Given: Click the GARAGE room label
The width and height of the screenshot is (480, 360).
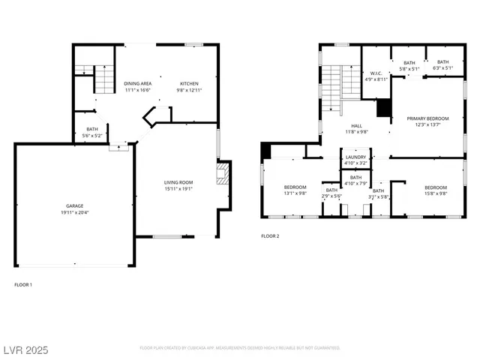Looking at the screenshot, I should point(73,205).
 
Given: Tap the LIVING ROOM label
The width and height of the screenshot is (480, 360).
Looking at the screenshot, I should point(179,182).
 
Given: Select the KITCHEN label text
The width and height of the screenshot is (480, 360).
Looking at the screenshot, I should point(189,83).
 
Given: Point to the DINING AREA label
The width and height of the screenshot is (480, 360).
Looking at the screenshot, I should point(138,83).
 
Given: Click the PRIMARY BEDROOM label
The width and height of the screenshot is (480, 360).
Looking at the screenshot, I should point(427,118).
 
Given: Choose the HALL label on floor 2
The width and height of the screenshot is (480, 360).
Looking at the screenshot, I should point(356,126).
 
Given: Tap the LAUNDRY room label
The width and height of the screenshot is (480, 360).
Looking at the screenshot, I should point(355,157).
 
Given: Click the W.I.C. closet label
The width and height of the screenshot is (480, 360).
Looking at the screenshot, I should point(376,73).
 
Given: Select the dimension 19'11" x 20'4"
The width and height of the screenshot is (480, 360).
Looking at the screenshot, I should point(73,211).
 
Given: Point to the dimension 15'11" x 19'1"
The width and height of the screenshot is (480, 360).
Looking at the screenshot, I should point(179,189).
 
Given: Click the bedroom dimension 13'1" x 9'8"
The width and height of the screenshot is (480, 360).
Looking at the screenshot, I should point(295,193).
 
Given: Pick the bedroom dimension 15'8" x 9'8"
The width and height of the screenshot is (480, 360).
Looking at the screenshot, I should point(435,193).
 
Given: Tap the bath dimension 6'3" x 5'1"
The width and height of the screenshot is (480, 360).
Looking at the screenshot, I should point(442,68).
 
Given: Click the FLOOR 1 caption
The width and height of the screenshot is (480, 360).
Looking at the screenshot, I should point(23,284).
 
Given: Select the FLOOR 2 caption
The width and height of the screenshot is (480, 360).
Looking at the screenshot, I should point(270,236).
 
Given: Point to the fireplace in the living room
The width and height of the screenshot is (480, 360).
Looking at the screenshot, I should point(221,175).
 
